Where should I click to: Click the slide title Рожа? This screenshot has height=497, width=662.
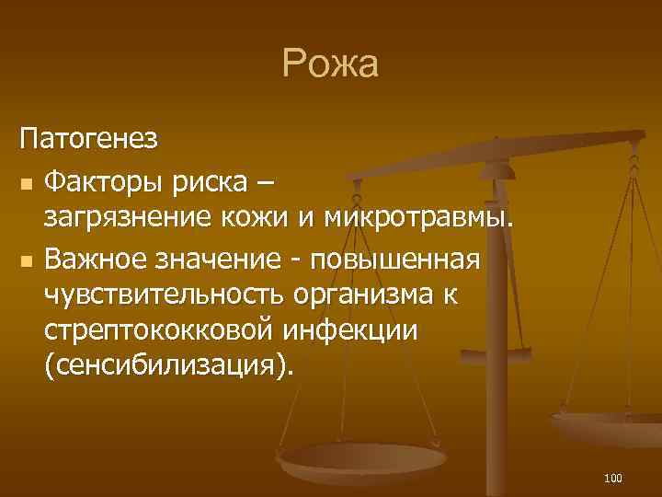pyautogui.click(x=330, y=65)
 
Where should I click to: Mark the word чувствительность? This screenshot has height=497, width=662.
pyautogui.click(x=165, y=297)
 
